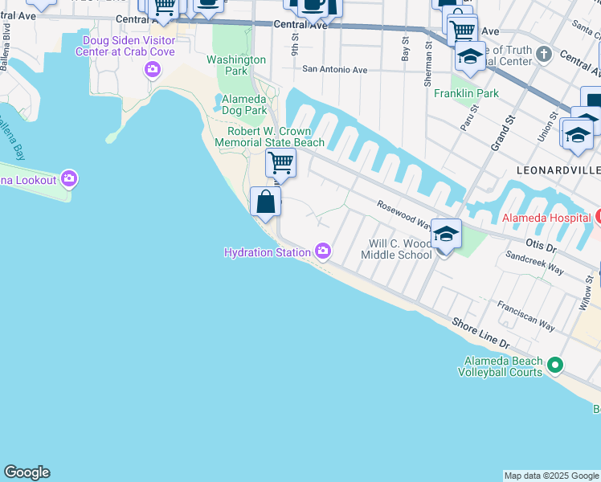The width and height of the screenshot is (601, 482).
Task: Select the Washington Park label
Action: point(236,65)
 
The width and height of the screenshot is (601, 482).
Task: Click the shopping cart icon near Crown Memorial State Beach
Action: point(280,162)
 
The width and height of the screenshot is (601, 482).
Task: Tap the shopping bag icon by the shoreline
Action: point(265,202)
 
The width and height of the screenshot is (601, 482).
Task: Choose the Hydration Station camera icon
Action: point(323,252)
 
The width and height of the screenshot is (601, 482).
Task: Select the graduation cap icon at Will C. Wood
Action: point(446,234)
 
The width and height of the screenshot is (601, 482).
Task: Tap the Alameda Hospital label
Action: point(546,218)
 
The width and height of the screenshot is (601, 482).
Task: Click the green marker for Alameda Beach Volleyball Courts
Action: point(554,366)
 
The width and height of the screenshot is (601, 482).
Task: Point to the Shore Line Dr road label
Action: point(480,333)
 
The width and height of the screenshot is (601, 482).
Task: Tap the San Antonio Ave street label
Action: point(334,70)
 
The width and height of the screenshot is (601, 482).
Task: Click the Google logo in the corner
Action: point(27,472)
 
